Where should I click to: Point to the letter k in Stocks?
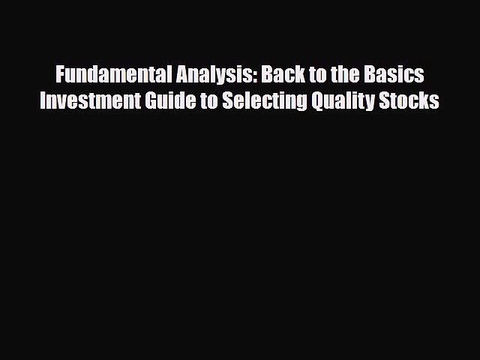426,101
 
